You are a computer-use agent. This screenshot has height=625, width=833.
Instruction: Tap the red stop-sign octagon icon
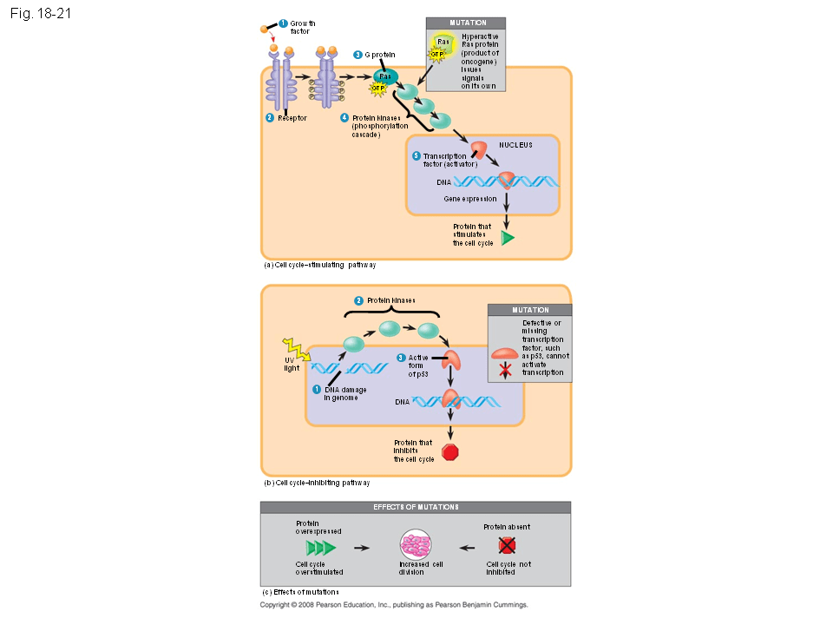tap(450, 451)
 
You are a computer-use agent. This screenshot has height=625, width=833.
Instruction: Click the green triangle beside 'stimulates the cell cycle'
tap(508, 237)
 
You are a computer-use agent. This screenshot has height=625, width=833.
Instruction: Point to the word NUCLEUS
tap(515, 145)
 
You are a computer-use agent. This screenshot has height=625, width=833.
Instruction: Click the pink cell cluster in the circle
tap(414, 547)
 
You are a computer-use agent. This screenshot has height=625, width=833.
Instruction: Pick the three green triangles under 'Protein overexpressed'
tap(319, 548)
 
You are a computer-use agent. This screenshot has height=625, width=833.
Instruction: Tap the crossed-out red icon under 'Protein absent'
tap(507, 545)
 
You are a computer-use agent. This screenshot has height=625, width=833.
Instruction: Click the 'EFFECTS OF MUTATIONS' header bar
tap(416, 507)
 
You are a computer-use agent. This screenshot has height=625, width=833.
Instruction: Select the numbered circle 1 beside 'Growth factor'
tap(283, 23)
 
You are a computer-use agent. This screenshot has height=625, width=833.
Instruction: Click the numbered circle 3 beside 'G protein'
tap(357, 55)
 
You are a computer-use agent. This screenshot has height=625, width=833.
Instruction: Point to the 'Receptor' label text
tap(292, 117)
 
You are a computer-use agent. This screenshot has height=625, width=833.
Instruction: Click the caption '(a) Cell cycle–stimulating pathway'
tap(318, 265)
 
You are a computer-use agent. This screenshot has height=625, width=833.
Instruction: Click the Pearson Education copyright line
tap(394, 604)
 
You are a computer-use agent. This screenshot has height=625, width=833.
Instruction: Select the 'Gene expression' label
tap(470, 199)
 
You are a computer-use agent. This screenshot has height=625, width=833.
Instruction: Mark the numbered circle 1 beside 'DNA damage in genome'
tap(318, 390)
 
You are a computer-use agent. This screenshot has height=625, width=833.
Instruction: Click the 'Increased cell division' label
tap(415, 568)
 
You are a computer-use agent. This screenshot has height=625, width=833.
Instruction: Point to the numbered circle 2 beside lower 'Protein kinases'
tap(357, 300)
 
